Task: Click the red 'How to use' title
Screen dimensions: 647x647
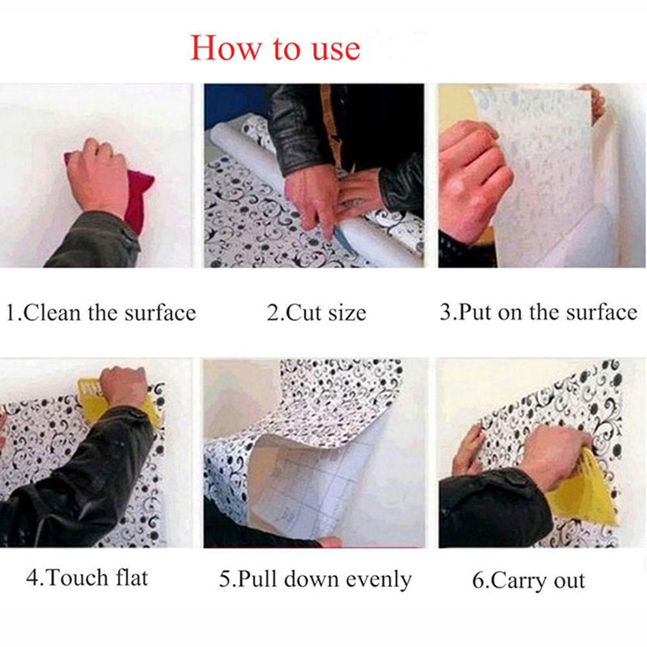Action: click(x=275, y=49)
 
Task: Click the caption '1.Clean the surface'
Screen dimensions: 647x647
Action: click(x=101, y=313)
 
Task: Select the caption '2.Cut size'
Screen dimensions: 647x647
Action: click(x=316, y=313)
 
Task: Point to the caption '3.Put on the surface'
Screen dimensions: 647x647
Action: click(x=538, y=312)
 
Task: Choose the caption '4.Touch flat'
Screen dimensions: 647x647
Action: click(x=87, y=577)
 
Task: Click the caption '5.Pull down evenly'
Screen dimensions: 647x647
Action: click(x=315, y=579)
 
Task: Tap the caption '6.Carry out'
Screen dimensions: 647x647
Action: click(x=529, y=580)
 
